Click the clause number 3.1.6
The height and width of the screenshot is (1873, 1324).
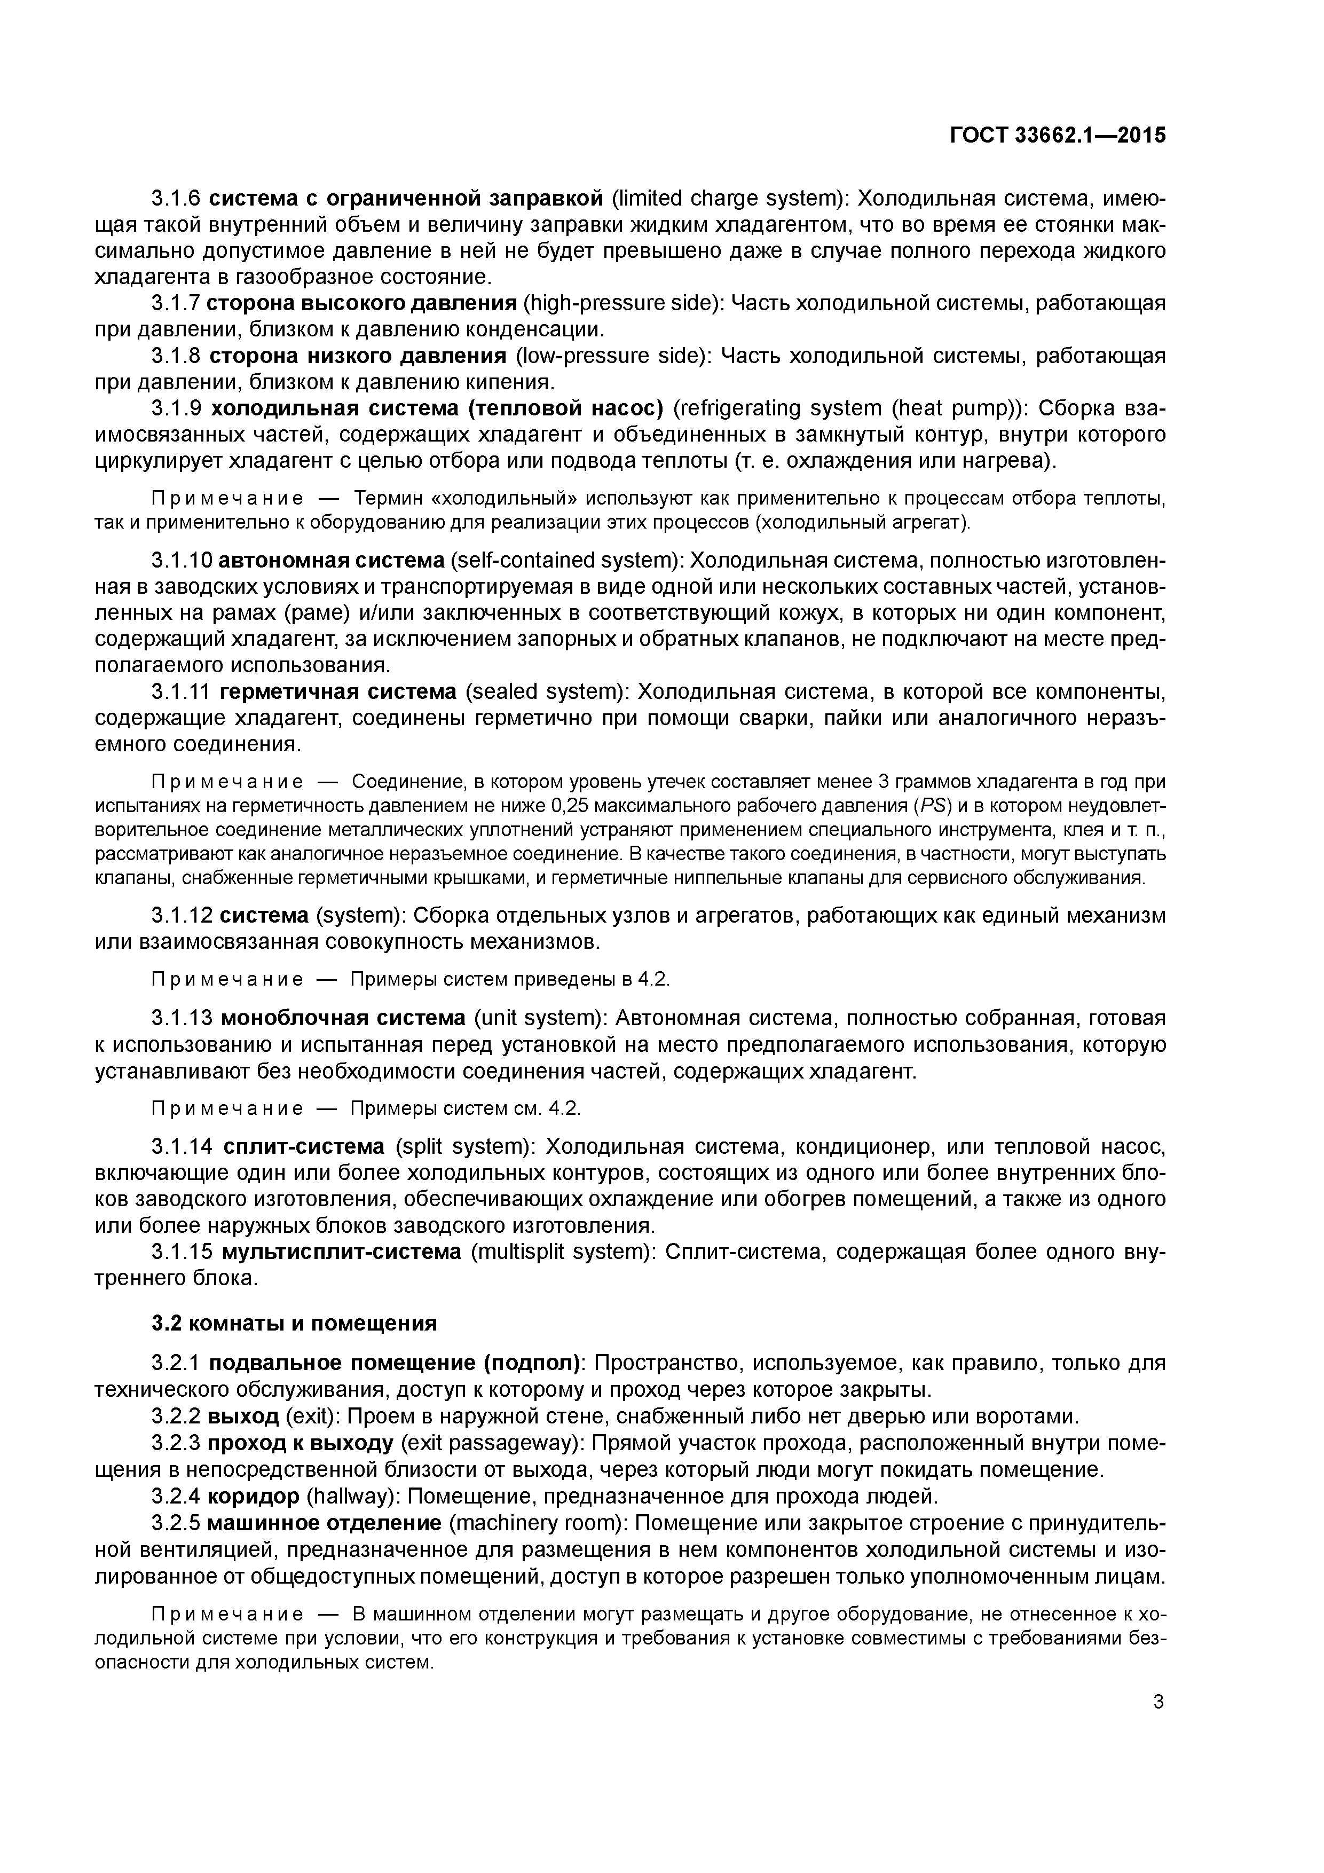[x=176, y=198]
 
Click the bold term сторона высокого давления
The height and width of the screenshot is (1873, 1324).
[x=361, y=303]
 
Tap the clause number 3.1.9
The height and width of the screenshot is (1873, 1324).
[x=176, y=408]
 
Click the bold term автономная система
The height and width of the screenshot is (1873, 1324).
[x=331, y=561]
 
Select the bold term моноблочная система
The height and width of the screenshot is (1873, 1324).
[x=343, y=1018]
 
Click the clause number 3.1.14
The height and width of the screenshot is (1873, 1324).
[x=182, y=1146]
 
